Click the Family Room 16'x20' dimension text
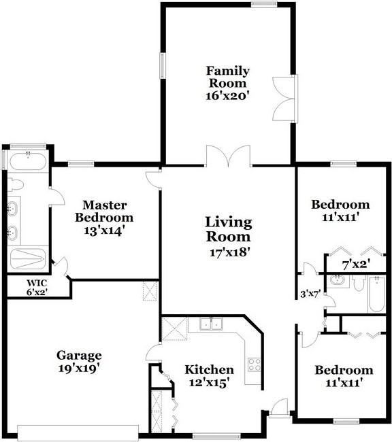click(x=228, y=96)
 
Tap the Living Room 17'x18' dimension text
click(x=230, y=252)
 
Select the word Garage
click(x=79, y=356)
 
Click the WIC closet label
click(x=37, y=282)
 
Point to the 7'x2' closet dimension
click(x=356, y=265)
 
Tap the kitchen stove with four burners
click(x=255, y=364)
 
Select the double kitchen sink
click(x=211, y=323)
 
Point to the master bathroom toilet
click(x=15, y=185)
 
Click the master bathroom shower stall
click(x=28, y=259)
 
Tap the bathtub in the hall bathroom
click(x=377, y=294)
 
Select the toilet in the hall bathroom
click(x=359, y=284)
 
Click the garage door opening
click(x=78, y=433)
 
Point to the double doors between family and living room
click(x=228, y=156)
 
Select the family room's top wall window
click(x=264, y=3)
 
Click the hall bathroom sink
click(x=338, y=280)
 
